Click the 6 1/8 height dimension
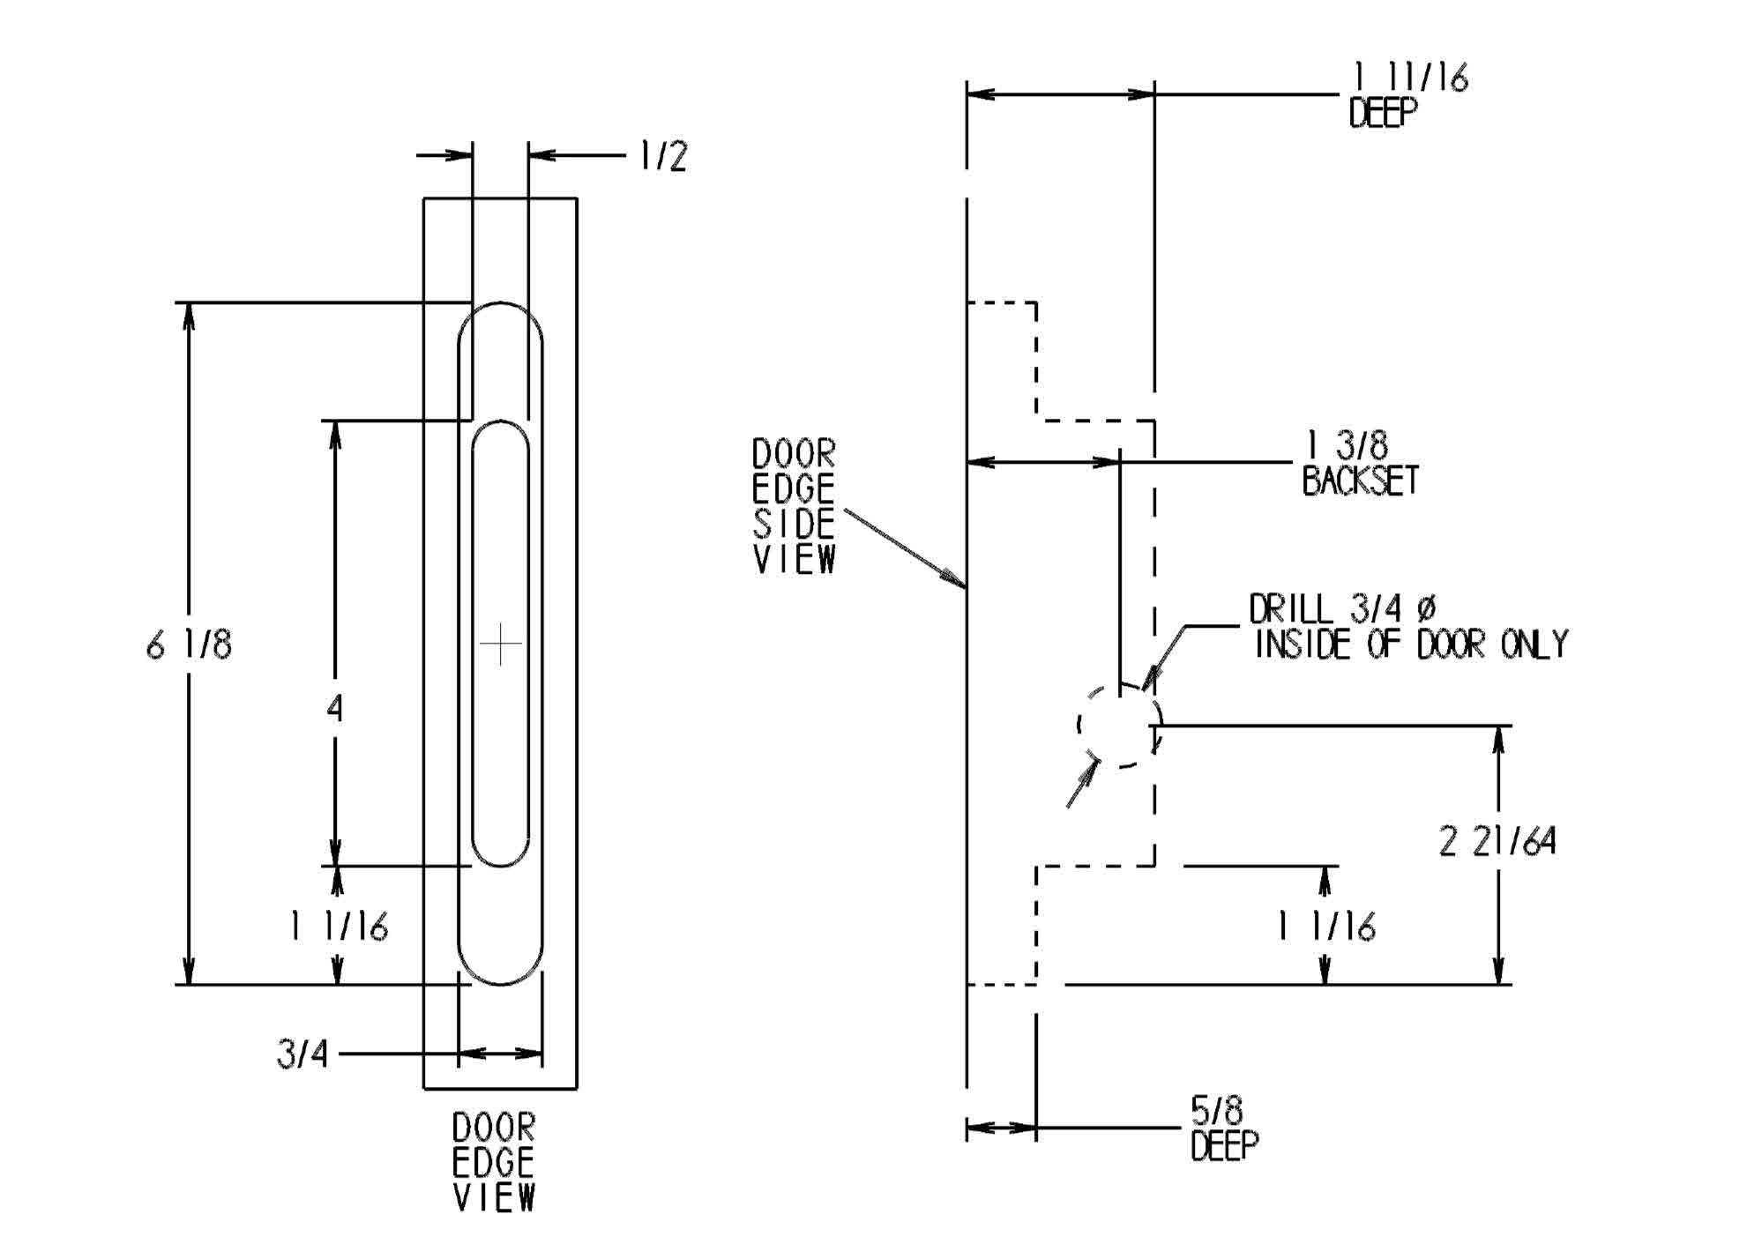point(189,645)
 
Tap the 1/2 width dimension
point(662,156)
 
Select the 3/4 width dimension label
point(302,1054)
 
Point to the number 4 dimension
point(334,708)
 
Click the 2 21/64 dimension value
point(1497,841)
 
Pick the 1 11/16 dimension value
point(1411,78)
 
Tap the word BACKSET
point(1361,480)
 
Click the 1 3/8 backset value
point(1347,445)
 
